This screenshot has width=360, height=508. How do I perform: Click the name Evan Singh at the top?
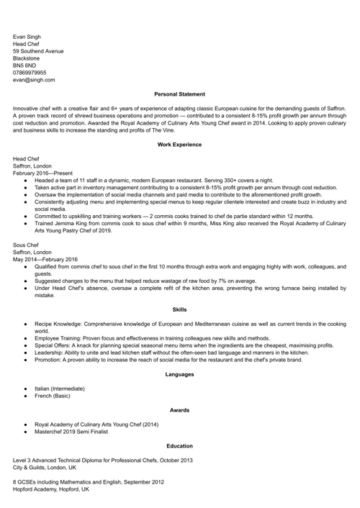27,37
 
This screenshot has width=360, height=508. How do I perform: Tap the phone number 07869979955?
30,73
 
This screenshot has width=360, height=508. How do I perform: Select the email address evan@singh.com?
33,80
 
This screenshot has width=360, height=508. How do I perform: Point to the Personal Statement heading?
180,94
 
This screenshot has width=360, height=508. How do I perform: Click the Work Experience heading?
180,145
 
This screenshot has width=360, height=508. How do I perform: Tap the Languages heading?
180,374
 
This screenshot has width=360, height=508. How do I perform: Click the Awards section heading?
180,410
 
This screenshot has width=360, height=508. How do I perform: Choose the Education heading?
180,446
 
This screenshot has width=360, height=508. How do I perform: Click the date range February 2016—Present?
42,173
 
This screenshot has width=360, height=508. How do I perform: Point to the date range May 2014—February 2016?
45,259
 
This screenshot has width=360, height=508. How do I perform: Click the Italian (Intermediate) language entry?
64,389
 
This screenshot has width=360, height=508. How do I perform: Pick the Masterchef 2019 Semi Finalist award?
76,432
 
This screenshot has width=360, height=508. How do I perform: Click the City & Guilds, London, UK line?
45,467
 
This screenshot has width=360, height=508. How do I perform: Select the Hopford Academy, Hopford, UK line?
51,489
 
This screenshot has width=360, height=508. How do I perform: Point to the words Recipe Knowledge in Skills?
59,324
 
